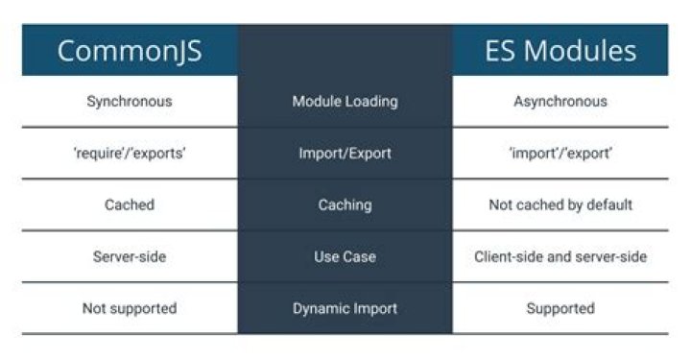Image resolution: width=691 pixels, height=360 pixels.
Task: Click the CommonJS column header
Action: click(130, 51)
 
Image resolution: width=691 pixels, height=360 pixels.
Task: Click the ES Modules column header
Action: click(560, 51)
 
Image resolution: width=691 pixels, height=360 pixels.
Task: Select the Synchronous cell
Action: click(130, 101)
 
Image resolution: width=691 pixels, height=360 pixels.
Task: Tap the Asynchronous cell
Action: click(560, 101)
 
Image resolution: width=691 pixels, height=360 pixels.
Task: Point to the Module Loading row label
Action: click(345, 101)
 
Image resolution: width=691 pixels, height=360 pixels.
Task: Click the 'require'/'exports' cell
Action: click(130, 153)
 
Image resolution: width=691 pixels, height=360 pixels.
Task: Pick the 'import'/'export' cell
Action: click(560, 153)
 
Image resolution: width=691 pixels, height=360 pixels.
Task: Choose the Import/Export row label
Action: click(345, 153)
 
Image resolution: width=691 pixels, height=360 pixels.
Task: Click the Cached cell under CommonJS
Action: click(130, 204)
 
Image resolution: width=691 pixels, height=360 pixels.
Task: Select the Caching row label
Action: click(345, 204)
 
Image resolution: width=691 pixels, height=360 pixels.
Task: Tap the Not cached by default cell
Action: click(560, 204)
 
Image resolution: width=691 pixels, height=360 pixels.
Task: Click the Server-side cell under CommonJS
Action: click(130, 256)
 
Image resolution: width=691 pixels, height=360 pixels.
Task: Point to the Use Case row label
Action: click(345, 256)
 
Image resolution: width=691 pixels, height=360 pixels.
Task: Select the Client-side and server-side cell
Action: click(560, 256)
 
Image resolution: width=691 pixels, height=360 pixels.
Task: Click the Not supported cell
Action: click(130, 308)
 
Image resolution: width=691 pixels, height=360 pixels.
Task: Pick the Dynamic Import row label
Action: click(345, 308)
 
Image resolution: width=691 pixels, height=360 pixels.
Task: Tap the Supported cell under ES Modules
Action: click(560, 308)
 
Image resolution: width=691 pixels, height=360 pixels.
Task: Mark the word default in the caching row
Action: click(610, 204)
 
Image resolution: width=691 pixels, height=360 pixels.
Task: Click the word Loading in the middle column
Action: click(371, 101)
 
